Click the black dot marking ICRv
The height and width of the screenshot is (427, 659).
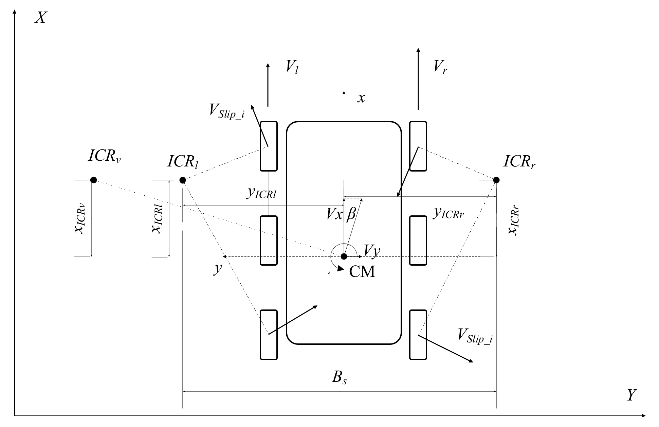tap(94, 180)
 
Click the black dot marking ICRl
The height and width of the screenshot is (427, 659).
tap(182, 180)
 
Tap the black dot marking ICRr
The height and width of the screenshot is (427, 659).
tap(496, 180)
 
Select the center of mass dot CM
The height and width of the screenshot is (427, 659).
tap(344, 256)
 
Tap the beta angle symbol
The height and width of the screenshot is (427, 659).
tap(351, 215)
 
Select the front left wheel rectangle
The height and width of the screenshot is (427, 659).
tap(269, 146)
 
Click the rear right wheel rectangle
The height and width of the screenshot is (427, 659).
tap(418, 335)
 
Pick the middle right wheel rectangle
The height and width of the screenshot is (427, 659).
tap(418, 240)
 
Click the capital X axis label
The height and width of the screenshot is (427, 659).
tap(40, 17)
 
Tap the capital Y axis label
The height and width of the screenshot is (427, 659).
tap(631, 395)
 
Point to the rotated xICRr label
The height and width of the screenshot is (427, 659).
tap(514, 221)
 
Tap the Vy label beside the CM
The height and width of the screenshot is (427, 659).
tap(372, 251)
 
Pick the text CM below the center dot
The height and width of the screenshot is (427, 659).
tap(362, 272)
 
